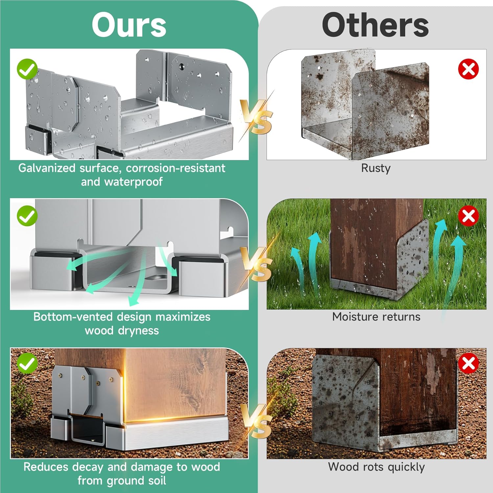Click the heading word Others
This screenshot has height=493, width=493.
click(375, 25)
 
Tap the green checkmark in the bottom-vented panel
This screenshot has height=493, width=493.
click(27, 216)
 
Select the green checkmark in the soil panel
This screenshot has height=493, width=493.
click(27, 363)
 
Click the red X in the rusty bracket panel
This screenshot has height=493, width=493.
click(468, 69)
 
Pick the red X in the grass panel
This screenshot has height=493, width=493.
click(468, 216)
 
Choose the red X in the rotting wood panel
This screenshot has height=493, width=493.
click(468, 364)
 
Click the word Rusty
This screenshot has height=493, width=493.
click(376, 168)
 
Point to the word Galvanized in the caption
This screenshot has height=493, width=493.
click(47, 168)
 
